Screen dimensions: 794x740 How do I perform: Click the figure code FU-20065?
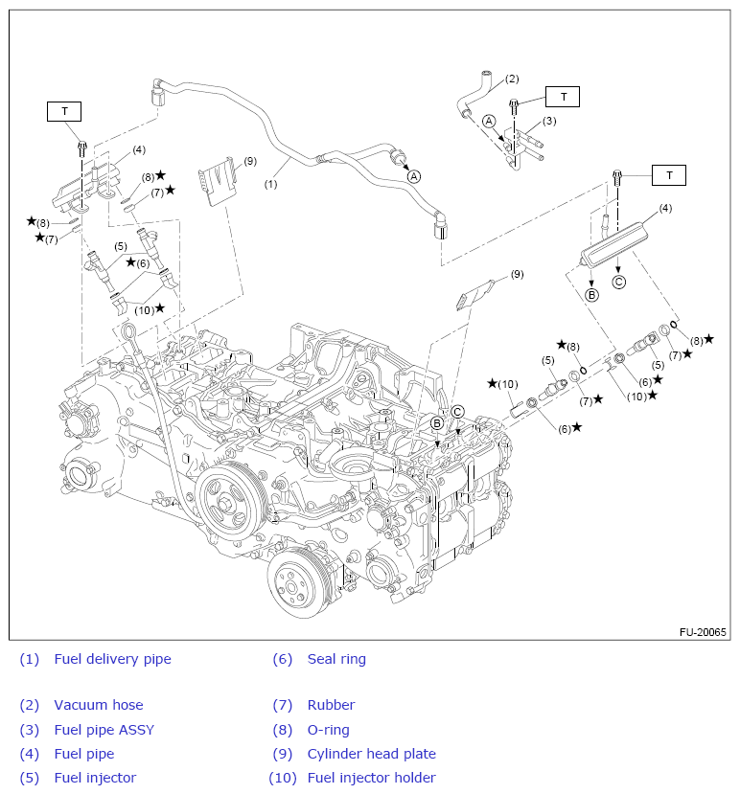[x=703, y=632]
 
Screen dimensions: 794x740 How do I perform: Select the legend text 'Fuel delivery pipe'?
[x=112, y=659]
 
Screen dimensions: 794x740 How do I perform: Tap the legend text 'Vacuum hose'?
[x=98, y=705]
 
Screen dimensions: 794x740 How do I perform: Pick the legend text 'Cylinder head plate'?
[x=371, y=754]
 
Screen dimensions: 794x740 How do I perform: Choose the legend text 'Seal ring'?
[x=336, y=659]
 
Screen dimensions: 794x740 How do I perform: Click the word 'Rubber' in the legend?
[x=331, y=705]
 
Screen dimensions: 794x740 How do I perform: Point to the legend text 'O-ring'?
[x=328, y=730]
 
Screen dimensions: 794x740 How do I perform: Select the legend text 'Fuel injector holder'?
[x=371, y=778]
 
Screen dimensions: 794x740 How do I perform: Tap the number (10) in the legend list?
[x=283, y=778]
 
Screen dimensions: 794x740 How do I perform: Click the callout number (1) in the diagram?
[x=271, y=183]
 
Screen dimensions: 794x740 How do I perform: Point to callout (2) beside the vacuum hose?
[x=512, y=79]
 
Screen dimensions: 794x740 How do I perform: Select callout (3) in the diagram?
[x=549, y=121]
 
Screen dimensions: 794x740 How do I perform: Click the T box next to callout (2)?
[x=564, y=97]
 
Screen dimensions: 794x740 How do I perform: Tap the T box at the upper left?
[x=65, y=111]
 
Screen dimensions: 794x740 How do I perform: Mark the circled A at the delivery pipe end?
[x=414, y=176]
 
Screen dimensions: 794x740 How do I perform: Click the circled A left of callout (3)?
[x=489, y=121]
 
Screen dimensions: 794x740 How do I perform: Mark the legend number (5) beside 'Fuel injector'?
[x=29, y=778]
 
